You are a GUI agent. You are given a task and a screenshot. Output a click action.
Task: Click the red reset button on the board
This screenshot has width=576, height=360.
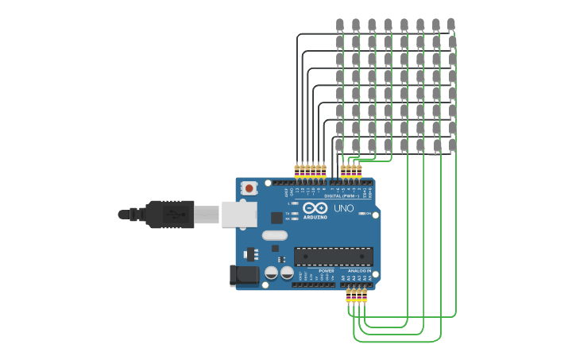[249, 188]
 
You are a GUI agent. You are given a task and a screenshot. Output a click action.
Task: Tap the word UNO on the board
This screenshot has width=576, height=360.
[343, 208]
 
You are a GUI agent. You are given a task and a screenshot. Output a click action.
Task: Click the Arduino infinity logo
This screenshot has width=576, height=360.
[315, 207]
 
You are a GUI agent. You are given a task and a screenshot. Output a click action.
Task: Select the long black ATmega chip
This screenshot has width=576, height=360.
[334, 257]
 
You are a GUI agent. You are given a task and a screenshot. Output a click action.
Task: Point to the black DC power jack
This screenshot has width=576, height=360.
[242, 275]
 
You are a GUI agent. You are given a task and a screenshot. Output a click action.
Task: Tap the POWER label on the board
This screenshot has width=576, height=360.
[327, 271]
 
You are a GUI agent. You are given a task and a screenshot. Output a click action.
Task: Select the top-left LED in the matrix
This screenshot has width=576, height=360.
[340, 25]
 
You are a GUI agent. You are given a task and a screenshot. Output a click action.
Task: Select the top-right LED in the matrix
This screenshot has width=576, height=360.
[451, 25]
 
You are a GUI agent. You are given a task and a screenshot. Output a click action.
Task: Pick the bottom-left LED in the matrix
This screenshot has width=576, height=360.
[340, 145]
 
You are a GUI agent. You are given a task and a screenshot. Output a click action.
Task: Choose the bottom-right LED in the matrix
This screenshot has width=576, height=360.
[452, 145]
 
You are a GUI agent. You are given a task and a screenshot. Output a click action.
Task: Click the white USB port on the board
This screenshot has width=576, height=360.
[239, 215]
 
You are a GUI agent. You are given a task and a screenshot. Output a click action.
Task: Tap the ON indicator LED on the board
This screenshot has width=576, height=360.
[362, 213]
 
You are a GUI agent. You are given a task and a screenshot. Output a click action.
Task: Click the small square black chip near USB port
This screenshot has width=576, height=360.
[276, 217]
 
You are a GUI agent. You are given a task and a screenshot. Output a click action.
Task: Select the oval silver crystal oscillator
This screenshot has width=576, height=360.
[274, 235]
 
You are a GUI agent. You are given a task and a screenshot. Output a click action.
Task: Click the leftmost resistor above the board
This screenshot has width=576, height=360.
[297, 170]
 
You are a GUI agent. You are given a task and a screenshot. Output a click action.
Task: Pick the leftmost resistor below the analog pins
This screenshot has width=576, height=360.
[348, 296]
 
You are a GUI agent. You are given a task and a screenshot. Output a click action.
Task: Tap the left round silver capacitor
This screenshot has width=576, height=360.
[271, 273]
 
